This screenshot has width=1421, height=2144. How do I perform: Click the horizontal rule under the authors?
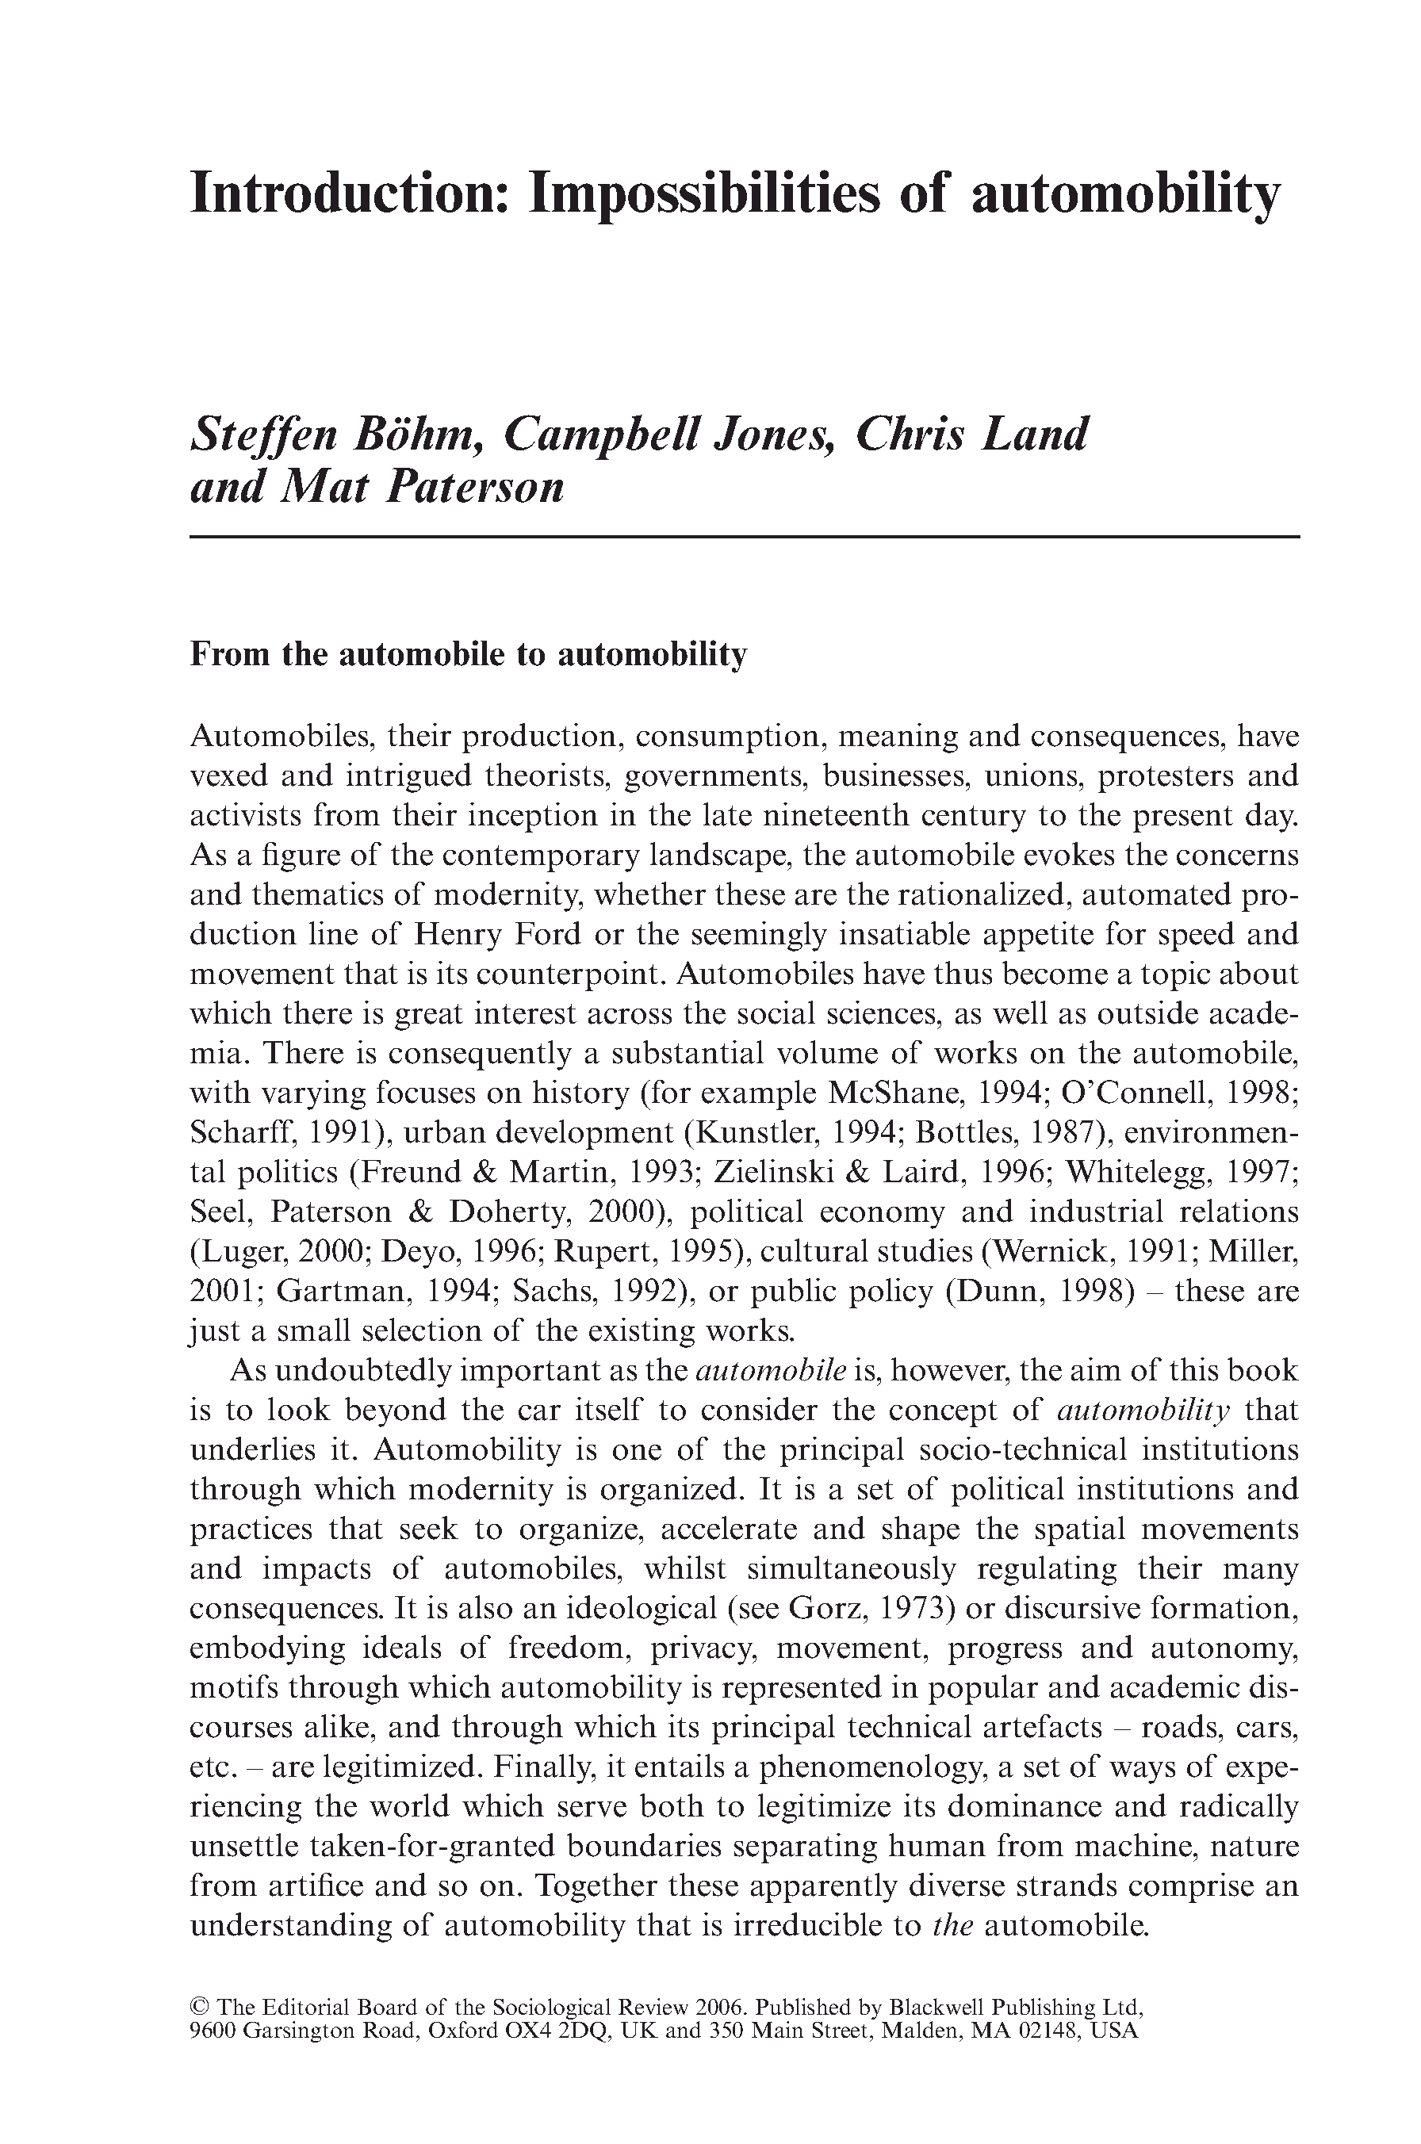coord(744,538)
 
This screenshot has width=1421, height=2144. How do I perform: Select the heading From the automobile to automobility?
coord(468,654)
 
